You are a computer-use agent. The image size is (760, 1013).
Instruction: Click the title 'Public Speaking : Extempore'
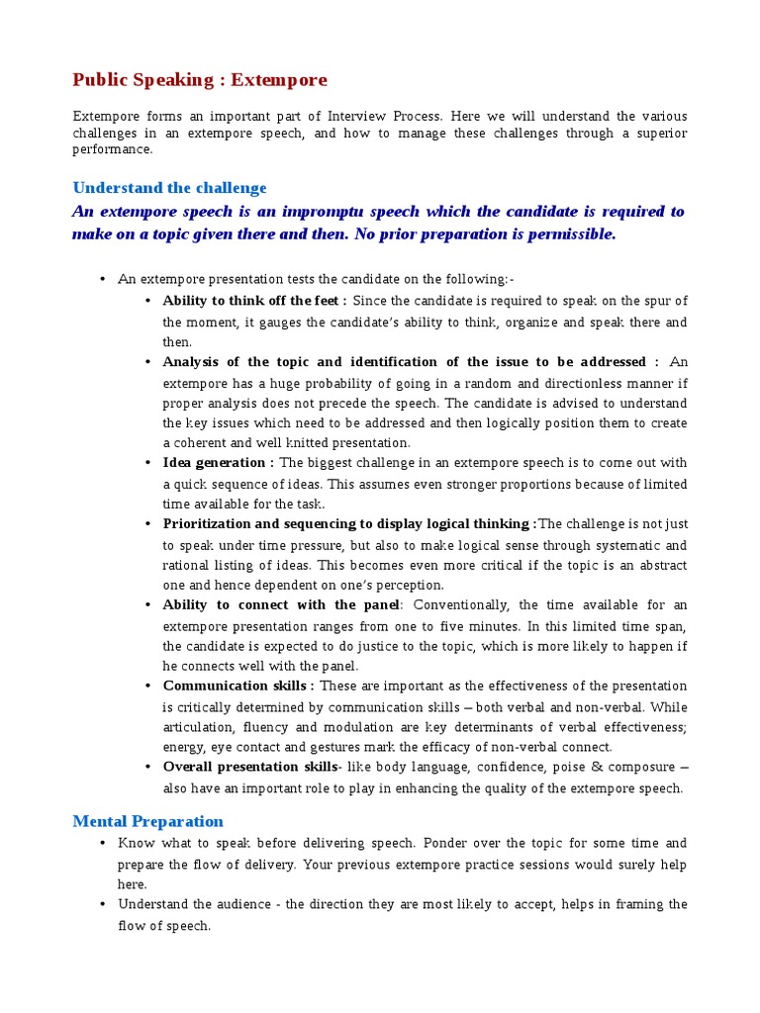pos(199,80)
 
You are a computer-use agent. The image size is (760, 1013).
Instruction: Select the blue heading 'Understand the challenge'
pos(169,188)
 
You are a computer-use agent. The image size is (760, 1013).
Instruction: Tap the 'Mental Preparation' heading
pos(148,821)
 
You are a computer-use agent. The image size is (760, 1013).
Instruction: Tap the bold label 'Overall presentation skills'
pos(249,767)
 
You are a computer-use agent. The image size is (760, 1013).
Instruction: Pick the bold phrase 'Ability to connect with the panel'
pos(280,604)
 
